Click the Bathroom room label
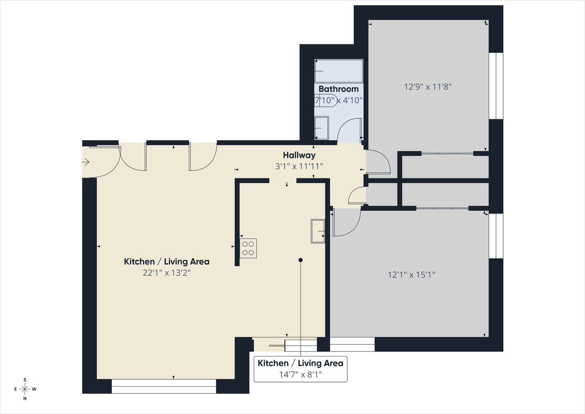(339, 89)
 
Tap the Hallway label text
(299, 155)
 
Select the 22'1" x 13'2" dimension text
(167, 273)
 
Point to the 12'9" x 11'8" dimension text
(428, 87)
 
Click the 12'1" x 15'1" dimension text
(412, 275)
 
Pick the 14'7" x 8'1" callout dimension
(301, 375)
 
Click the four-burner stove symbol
(248, 248)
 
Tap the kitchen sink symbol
(318, 231)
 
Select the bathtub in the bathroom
(339, 71)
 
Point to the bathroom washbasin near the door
(321, 128)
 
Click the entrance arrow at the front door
(85, 162)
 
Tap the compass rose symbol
(25, 389)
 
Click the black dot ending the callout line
(301, 260)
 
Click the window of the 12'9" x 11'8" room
(496, 86)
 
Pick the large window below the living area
(164, 386)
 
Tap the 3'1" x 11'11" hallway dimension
(299, 166)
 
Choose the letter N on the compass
(25, 398)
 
